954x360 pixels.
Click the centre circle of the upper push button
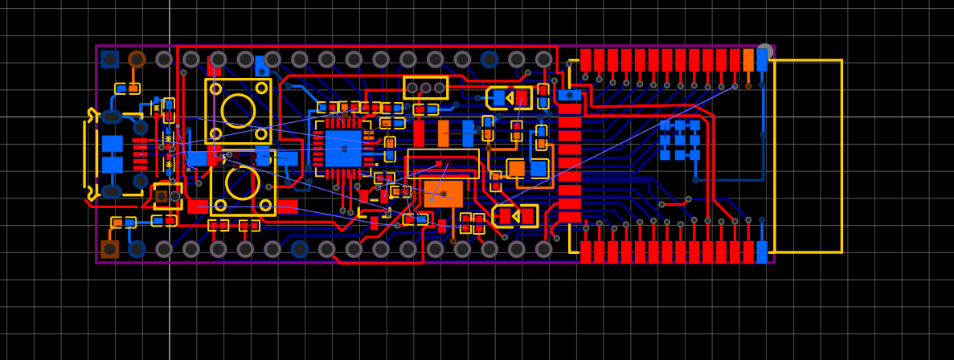[238, 110]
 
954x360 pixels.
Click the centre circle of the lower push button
[242, 182]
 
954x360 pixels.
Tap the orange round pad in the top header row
[137, 59]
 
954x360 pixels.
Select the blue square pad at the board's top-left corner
[109, 59]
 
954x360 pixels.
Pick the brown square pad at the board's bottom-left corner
[109, 249]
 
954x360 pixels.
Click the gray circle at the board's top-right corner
[765, 51]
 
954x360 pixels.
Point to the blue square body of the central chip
[343, 149]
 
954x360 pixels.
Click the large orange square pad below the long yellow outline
[443, 194]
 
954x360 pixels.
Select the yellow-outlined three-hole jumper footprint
[425, 88]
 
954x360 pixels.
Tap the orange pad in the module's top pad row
[748, 60]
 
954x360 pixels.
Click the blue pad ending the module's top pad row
[762, 60]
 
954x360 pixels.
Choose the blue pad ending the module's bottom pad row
[762, 252]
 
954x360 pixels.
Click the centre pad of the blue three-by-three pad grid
[679, 140]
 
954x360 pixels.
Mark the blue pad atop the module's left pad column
[570, 95]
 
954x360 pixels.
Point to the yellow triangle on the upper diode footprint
[510, 98]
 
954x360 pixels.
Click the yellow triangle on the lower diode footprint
[515, 216]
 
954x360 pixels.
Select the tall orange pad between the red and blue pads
[443, 133]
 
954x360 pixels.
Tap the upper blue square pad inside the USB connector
[113, 144]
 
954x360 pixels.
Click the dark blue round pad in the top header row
[489, 59]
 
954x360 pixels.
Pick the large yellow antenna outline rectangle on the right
[808, 156]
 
